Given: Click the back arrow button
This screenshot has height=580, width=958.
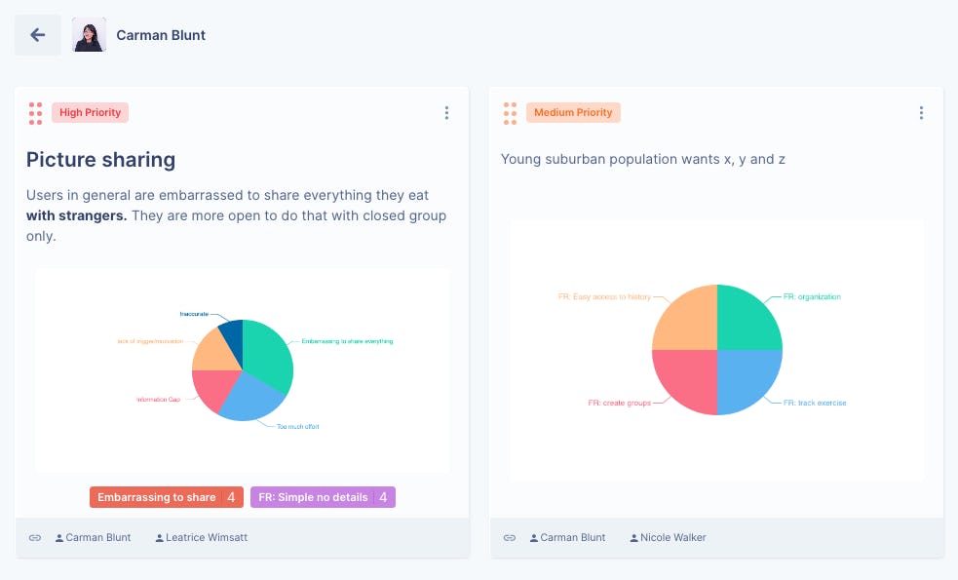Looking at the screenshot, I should (38, 35).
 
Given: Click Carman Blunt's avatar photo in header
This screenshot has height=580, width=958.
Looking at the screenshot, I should (89, 35).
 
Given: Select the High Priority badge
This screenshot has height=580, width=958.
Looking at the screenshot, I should (90, 113).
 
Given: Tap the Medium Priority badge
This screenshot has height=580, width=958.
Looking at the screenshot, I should (573, 113).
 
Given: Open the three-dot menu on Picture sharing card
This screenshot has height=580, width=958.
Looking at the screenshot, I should (446, 113).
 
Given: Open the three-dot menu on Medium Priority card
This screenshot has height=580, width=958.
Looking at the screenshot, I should (921, 113).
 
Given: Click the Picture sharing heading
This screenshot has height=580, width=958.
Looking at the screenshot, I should (100, 160).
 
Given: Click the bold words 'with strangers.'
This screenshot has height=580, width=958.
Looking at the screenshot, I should (76, 215).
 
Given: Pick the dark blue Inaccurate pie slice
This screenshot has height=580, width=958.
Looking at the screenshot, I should (232, 336).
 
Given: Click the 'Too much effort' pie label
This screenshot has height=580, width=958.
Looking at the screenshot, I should (297, 427).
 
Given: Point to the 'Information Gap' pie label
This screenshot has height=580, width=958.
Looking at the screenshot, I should (158, 400).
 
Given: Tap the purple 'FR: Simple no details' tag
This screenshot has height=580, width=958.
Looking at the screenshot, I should (313, 497).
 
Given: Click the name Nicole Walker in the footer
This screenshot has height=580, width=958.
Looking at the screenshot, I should (673, 537).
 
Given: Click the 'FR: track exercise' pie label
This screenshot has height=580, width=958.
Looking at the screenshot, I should (814, 403).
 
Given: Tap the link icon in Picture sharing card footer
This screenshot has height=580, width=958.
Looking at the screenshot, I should (35, 537).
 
